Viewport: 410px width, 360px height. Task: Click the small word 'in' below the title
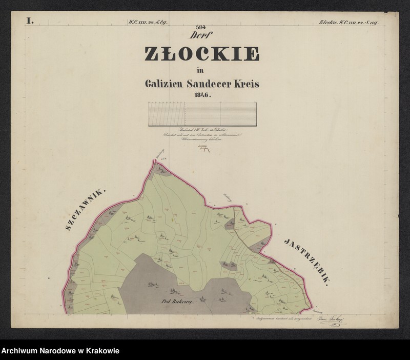[x=199, y=70]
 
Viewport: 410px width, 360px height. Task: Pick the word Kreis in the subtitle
[x=245, y=84]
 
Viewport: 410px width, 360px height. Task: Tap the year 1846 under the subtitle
[x=202, y=95]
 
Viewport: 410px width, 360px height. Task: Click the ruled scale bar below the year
[x=202, y=114]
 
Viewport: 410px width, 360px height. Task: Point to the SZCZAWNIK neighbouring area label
[x=86, y=210]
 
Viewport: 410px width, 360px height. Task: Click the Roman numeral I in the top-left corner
[x=30, y=21]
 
